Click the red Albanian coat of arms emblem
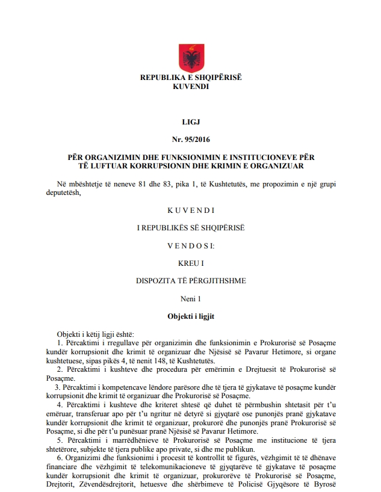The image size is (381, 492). pyautogui.click(x=190, y=59)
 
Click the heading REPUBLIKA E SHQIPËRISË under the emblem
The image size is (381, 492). pyautogui.click(x=190, y=78)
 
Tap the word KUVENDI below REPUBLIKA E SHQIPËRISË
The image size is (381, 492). pyautogui.click(x=190, y=87)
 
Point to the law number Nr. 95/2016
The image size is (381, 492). pyautogui.click(x=190, y=140)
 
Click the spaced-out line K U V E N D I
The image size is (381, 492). pyautogui.click(x=190, y=211)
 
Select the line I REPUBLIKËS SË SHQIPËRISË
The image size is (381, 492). pyautogui.click(x=190, y=229)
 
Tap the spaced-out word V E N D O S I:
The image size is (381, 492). pyautogui.click(x=190, y=246)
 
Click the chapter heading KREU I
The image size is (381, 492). pyautogui.click(x=190, y=263)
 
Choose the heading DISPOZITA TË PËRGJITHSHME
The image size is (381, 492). pyautogui.click(x=190, y=281)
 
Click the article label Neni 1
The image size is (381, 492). pyautogui.click(x=190, y=298)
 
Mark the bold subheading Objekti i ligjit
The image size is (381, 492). pyautogui.click(x=190, y=316)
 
